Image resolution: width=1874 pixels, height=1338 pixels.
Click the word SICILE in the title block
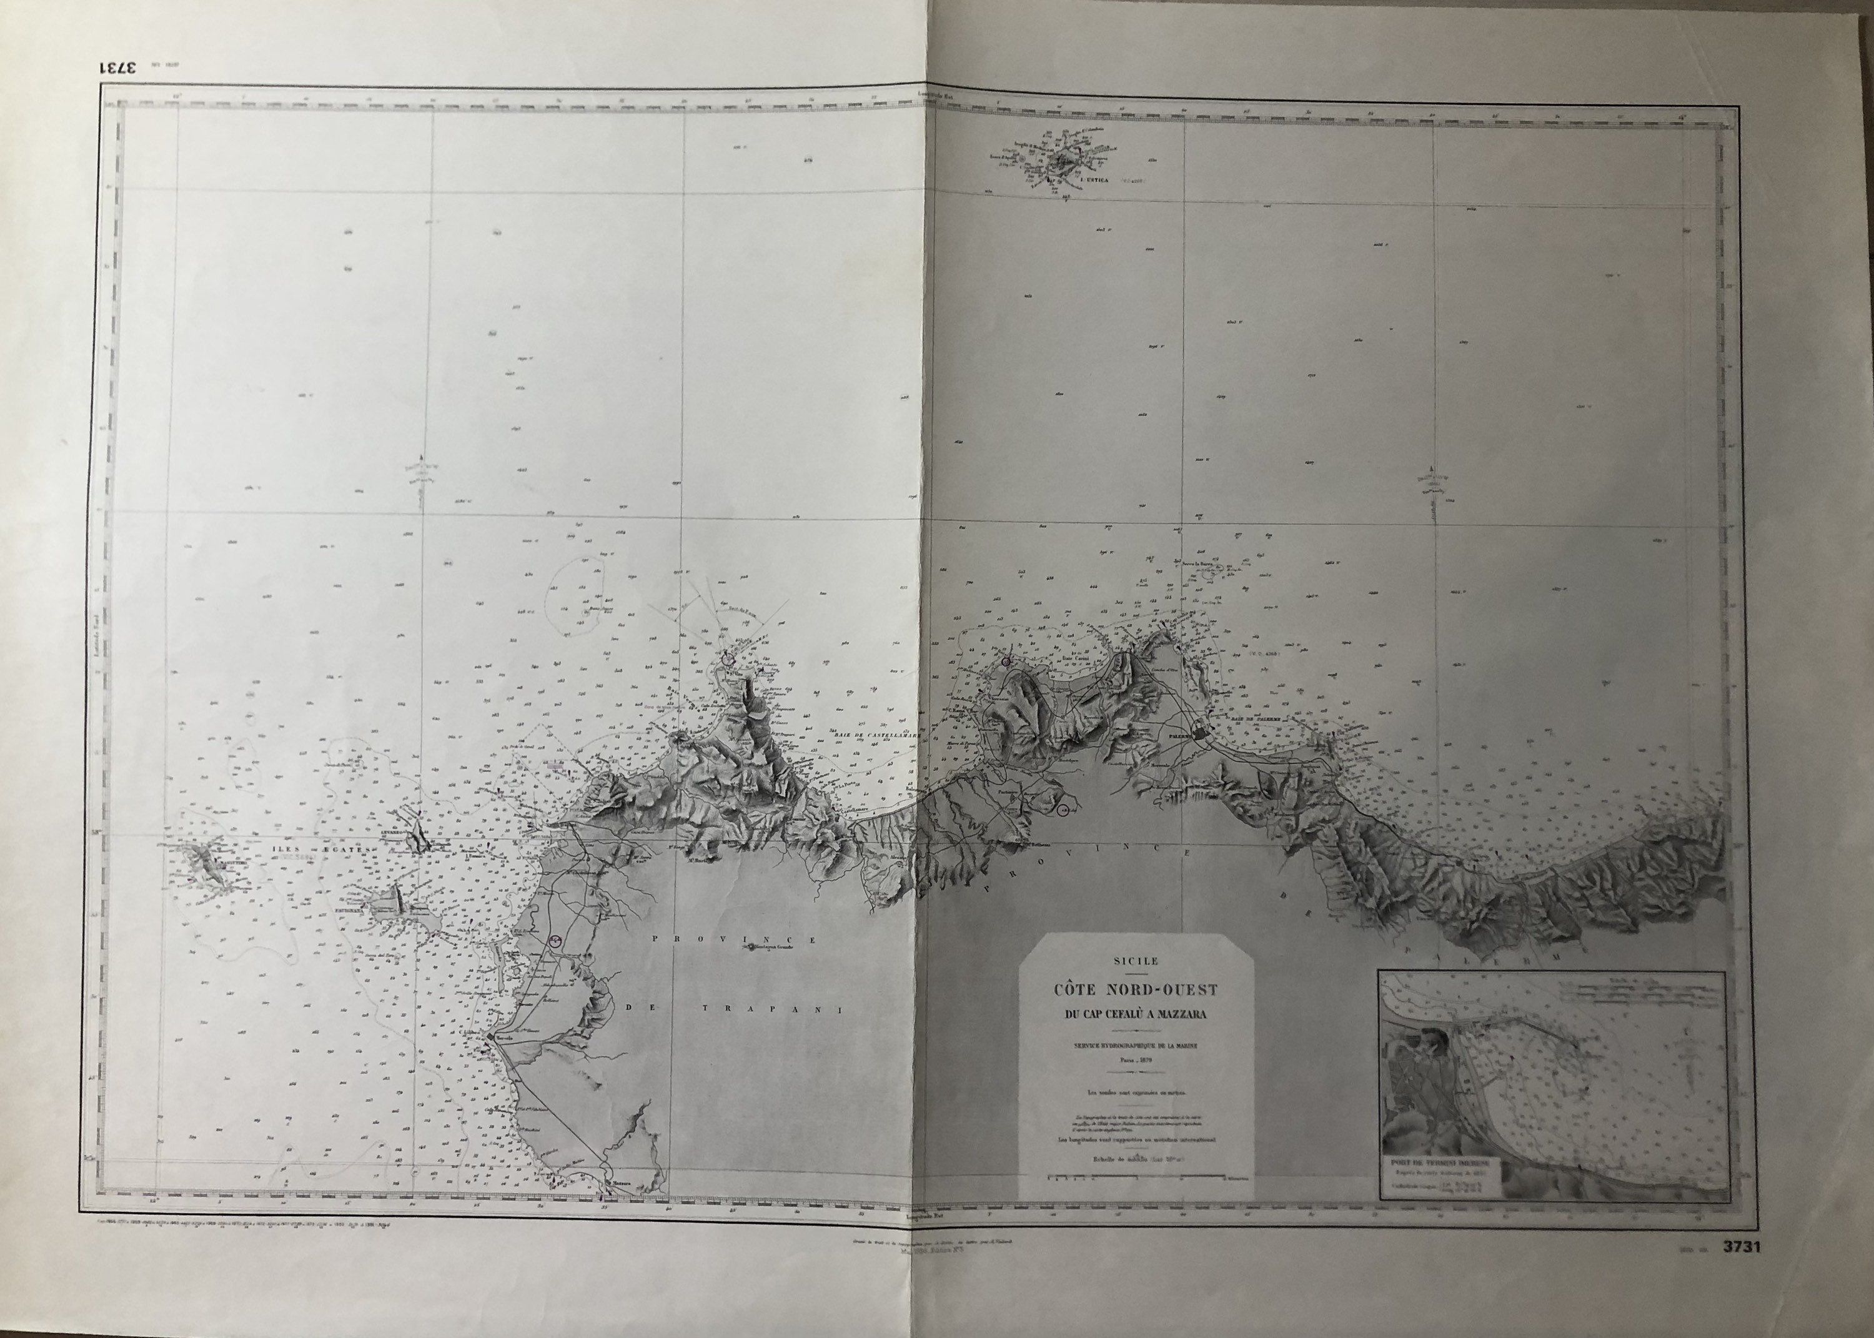[x=1136, y=960]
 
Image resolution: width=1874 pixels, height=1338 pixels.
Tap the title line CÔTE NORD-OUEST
[x=1136, y=990]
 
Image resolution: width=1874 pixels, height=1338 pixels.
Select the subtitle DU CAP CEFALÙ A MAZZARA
[x=1136, y=1014]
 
